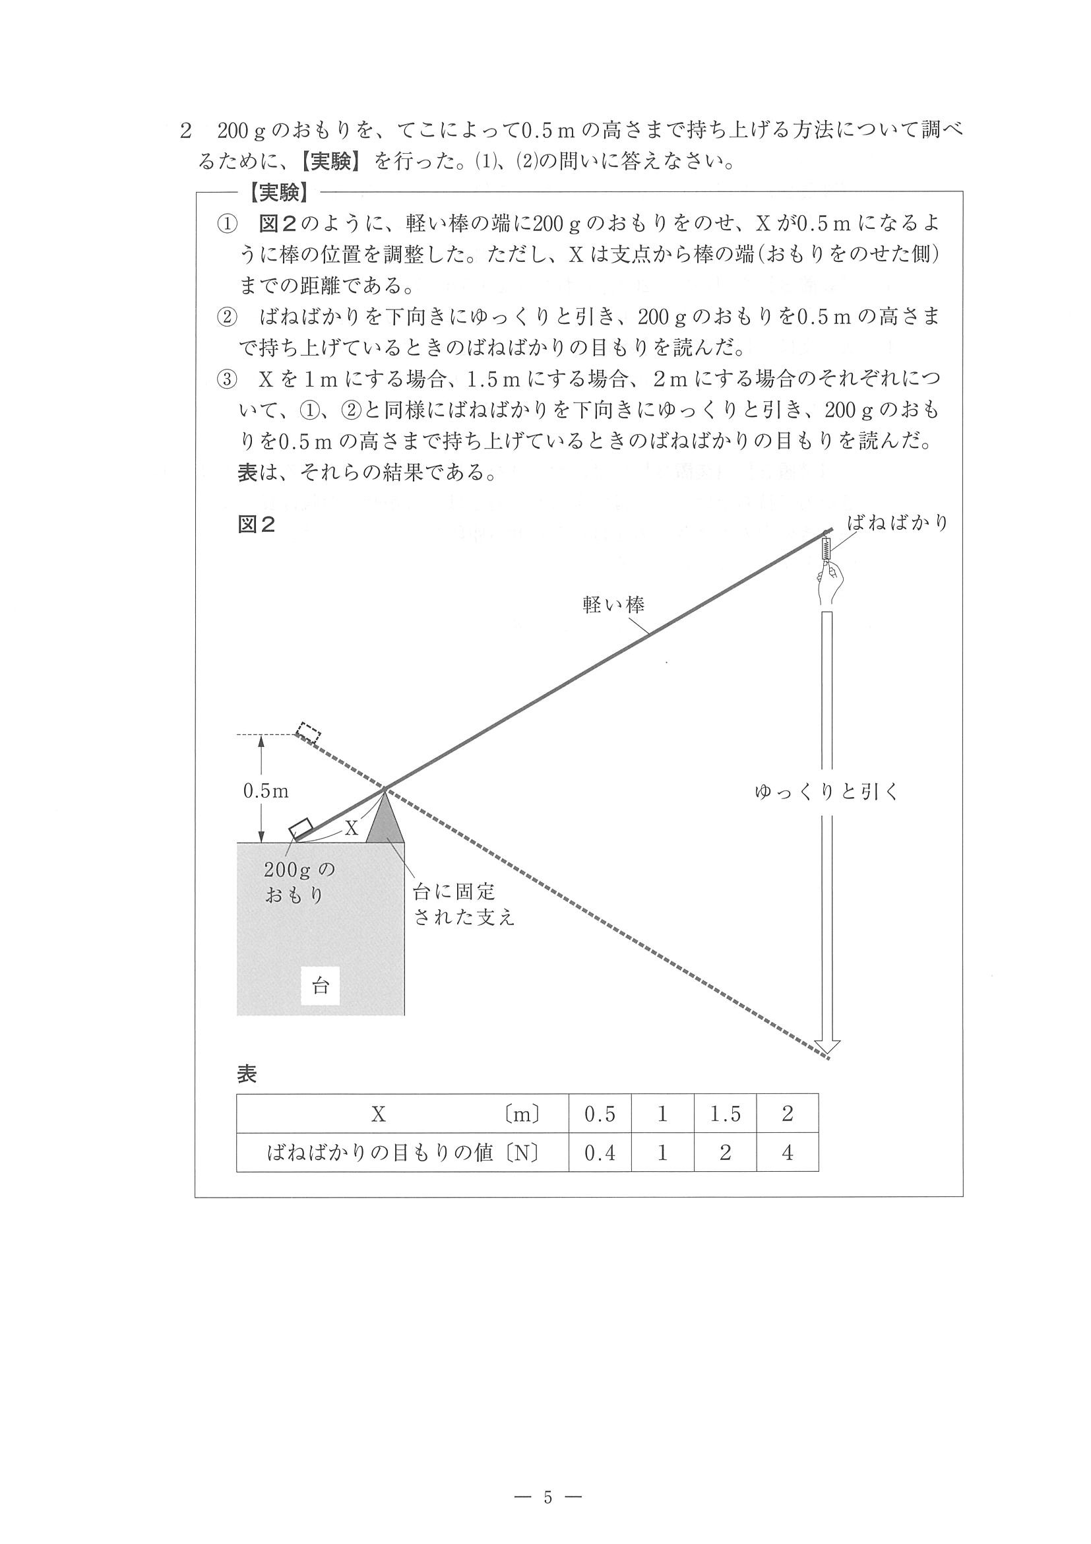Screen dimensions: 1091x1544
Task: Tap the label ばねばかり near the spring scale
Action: (897, 523)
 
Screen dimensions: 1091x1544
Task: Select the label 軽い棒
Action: (613, 605)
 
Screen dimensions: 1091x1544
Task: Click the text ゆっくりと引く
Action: (826, 792)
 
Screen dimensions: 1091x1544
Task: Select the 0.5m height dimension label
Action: (266, 791)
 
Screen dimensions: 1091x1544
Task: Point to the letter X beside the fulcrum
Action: (351, 828)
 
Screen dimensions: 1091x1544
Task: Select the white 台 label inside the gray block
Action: (320, 986)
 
